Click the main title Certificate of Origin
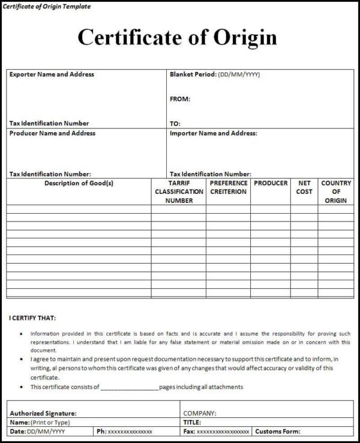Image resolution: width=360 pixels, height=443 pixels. (x=177, y=37)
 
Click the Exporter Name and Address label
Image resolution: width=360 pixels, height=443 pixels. (x=52, y=74)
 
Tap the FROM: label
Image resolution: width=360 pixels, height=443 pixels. (x=179, y=99)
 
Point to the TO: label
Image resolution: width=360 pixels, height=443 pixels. (x=175, y=124)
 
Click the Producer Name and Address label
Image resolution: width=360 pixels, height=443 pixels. (x=52, y=133)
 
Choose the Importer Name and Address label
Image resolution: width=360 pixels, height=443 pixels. (x=213, y=133)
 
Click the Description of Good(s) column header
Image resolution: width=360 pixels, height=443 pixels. (x=79, y=183)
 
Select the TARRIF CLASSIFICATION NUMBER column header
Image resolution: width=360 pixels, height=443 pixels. (x=179, y=191)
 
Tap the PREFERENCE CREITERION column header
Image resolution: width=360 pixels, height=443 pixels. (x=229, y=187)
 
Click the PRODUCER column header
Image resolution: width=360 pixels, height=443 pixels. (x=271, y=183)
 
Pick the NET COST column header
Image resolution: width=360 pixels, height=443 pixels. (x=304, y=187)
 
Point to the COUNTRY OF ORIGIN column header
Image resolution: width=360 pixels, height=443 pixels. (x=336, y=191)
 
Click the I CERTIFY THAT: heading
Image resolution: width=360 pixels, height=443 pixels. (x=34, y=318)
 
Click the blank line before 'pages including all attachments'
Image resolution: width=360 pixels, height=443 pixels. (x=129, y=388)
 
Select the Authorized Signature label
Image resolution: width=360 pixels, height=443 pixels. (x=43, y=413)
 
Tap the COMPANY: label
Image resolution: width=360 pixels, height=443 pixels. (x=200, y=413)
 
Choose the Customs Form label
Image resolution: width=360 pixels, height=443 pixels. (x=278, y=432)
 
